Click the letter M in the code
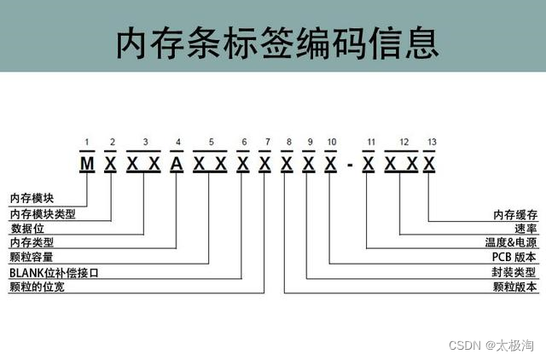tap(86, 163)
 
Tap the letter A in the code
tap(177, 163)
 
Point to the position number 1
tap(86, 142)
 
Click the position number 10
tap(331, 142)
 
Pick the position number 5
tap(210, 142)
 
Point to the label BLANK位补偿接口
tap(54, 272)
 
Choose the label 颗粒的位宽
tap(37, 287)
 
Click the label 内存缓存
tap(516, 213)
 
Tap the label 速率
tap(526, 228)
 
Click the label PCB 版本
tap(514, 257)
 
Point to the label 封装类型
tap(516, 272)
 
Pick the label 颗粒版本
tap(516, 287)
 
